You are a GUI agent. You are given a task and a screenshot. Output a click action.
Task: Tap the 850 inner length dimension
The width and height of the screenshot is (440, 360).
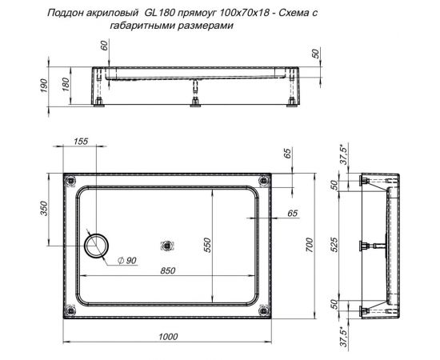pos(167,270)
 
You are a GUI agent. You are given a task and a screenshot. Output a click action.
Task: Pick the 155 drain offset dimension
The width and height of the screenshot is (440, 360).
pos(80,142)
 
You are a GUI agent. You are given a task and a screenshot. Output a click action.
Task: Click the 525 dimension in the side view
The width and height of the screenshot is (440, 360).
pos(337,245)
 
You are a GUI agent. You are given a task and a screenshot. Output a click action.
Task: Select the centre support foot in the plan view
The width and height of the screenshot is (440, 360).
pos(167,246)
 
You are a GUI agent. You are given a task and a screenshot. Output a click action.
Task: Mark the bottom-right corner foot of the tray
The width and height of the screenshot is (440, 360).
pos(266,311)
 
